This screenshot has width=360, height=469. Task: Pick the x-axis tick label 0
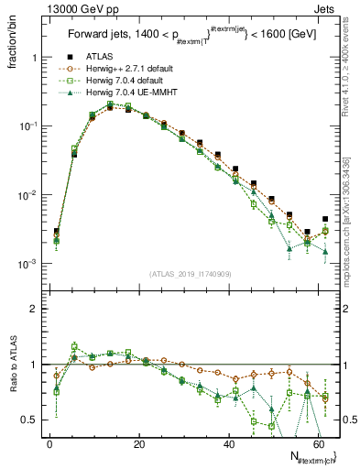[x=49, y=442]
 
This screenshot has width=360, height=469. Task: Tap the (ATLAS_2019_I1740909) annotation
[x=190, y=273]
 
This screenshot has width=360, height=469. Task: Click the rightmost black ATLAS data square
[x=325, y=219]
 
